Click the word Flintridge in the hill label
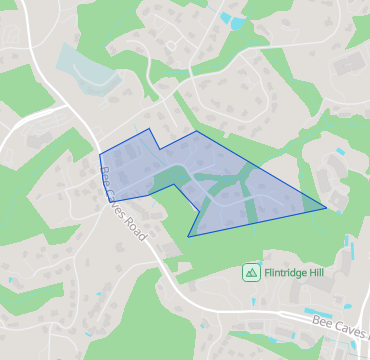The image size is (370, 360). [x=289, y=271]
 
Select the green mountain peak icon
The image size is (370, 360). [x=251, y=271]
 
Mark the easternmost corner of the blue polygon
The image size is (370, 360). [x=326, y=208]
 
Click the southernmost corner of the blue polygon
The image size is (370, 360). [x=188, y=237]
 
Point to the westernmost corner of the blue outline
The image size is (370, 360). [x=100, y=154]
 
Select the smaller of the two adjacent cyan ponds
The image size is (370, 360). [x=225, y=16]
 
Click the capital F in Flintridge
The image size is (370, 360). [x=267, y=271]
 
